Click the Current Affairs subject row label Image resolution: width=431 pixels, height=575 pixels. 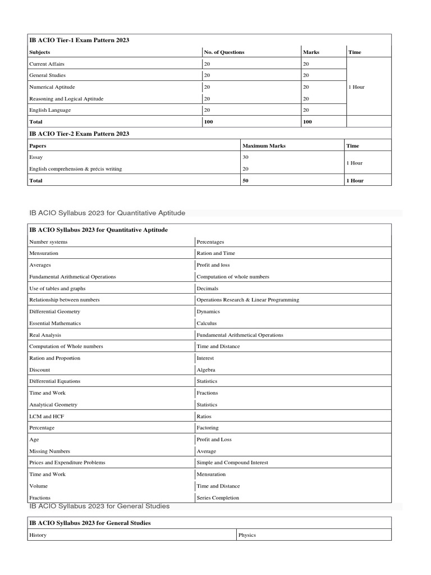[x=47, y=64]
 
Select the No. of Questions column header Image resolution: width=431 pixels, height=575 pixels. [x=224, y=52]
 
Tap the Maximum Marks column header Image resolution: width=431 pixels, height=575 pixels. [x=263, y=145]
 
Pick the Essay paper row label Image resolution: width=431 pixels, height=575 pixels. [x=36, y=158]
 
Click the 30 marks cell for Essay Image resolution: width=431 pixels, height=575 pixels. [x=245, y=158]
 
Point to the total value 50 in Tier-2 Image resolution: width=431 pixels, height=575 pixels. [x=245, y=181]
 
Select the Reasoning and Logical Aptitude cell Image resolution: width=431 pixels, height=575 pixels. [x=66, y=99]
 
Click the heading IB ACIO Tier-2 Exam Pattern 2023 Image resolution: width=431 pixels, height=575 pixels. [x=79, y=134]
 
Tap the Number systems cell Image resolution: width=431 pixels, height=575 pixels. [x=48, y=242]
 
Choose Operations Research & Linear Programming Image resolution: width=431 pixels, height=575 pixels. [x=247, y=300]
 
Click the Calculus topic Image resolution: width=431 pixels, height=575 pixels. [x=206, y=323]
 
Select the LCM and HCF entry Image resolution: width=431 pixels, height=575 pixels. [x=47, y=416]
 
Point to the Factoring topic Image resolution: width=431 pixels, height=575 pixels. [x=208, y=428]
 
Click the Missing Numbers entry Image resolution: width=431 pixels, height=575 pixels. [x=49, y=451]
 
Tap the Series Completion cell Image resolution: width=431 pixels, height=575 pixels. [x=217, y=498]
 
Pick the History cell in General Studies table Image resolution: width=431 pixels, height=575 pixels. [x=38, y=535]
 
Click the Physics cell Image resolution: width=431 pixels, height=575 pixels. [x=247, y=535]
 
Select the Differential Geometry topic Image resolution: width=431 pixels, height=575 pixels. [x=54, y=312]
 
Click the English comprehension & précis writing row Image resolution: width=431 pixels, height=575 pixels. [x=75, y=169]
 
